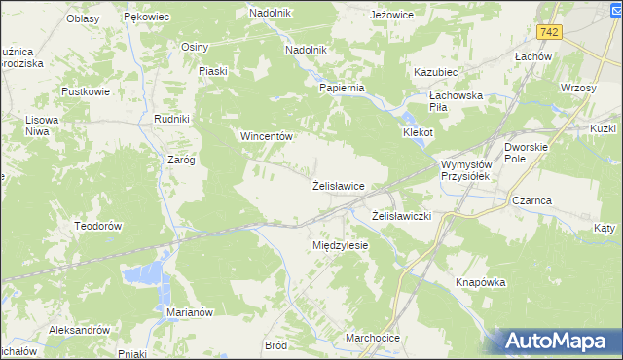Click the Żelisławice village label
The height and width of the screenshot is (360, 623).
(338, 185)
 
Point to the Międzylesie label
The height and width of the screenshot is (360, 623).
(340, 245)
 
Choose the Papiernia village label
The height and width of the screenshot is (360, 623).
(342, 88)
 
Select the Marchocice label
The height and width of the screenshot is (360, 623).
(373, 338)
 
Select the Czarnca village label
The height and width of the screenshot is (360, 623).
(531, 200)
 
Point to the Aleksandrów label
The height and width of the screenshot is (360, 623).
(78, 330)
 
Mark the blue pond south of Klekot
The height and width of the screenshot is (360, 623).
(420, 144)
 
